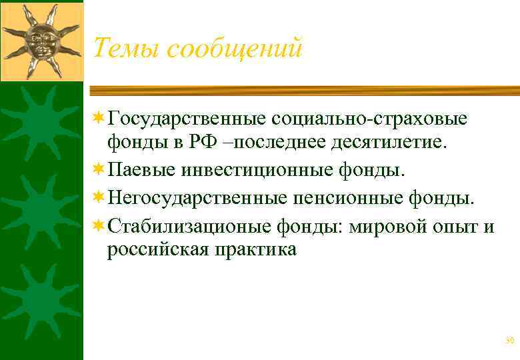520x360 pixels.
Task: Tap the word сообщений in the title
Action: tap(235, 47)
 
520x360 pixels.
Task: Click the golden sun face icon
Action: tap(41, 39)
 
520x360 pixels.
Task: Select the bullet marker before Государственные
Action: tap(99, 119)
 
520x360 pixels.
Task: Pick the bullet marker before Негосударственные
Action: tap(99, 197)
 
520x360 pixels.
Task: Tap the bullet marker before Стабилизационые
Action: tap(99, 226)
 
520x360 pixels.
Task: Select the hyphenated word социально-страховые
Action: tap(369, 119)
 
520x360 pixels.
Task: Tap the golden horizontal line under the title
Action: tap(304, 91)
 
